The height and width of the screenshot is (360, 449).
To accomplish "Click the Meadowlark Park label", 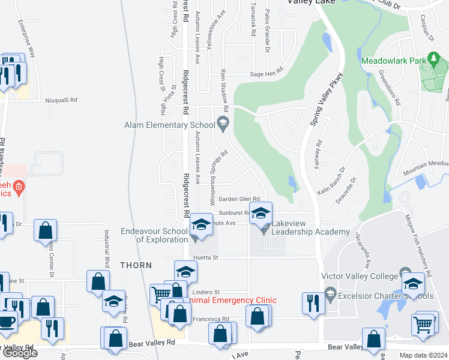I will tap(393, 61).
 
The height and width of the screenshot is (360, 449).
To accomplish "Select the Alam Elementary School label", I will tap(169, 125).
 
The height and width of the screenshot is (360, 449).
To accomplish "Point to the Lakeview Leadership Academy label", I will tap(310, 232).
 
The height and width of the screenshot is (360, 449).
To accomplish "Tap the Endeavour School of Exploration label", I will tap(154, 235).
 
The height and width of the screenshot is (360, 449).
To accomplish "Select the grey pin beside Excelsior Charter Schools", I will tap(330, 294).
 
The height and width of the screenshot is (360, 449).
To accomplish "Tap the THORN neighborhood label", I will tap(136, 265).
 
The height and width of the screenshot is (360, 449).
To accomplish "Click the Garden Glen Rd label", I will tap(238, 199).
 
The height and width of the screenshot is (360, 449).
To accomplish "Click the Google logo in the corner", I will tap(19, 352).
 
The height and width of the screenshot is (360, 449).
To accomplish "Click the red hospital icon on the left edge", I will tap(19, 187).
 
